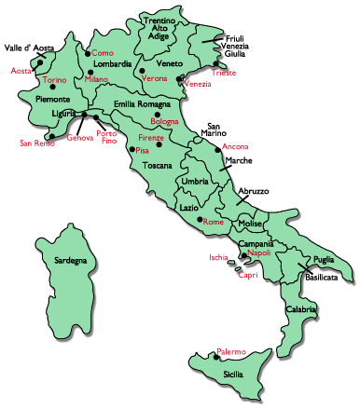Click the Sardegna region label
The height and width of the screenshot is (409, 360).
[70, 260]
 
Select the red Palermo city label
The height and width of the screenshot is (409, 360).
[230, 351]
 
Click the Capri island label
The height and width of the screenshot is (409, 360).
[247, 275]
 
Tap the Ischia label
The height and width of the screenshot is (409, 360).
[218, 258]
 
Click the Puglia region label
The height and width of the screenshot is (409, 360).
[324, 260]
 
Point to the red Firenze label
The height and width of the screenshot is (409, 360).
[151, 138]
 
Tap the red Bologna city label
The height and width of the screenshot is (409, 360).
[164, 122]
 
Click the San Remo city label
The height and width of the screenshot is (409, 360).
[38, 143]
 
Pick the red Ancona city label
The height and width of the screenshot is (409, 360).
[236, 147]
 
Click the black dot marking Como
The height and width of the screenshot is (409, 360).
[88, 53]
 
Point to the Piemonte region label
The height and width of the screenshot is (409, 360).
[52, 98]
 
